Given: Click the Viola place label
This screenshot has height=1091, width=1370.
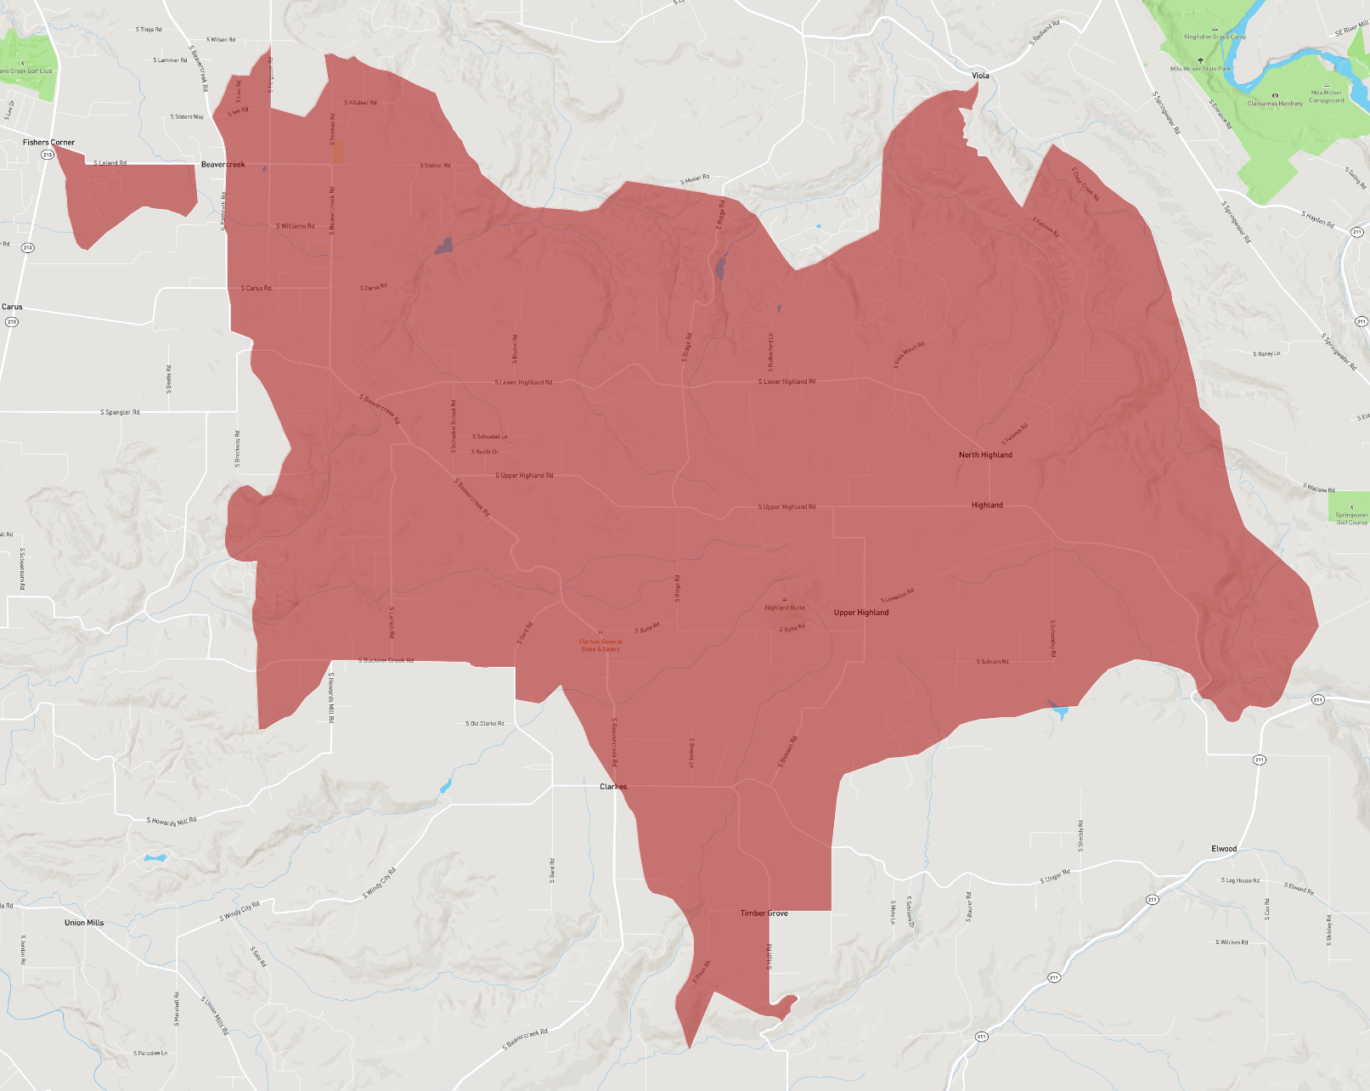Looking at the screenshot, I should click(x=980, y=76).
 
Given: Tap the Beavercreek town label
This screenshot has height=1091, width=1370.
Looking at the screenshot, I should click(x=223, y=165).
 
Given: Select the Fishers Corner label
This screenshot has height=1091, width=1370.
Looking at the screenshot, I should click(x=48, y=143).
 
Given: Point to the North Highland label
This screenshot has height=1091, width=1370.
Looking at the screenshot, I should click(x=985, y=455).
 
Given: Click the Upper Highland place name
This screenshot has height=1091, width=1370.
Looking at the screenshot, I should click(x=861, y=613).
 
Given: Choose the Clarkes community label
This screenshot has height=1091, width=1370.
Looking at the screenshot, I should click(x=613, y=787).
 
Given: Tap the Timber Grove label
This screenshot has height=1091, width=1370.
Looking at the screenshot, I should click(x=764, y=913).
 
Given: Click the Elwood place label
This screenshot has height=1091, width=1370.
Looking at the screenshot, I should click(x=1224, y=849).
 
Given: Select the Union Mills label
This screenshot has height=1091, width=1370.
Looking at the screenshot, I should click(x=84, y=923).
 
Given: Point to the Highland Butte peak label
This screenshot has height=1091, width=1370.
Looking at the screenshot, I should click(x=785, y=608).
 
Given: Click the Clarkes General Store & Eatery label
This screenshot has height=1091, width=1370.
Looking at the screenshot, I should click(x=600, y=646).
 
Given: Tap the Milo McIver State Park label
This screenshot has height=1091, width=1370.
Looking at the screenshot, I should click(x=1200, y=69).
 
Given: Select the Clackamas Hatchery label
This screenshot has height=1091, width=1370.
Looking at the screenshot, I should click(x=1275, y=104).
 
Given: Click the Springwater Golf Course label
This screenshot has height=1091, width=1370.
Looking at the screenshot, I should click(x=1351, y=518).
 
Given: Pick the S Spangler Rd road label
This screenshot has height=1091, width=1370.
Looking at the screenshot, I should click(x=120, y=413).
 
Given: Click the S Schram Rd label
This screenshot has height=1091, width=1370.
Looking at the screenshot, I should click(x=993, y=662).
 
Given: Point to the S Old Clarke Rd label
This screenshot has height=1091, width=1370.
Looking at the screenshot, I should click(x=485, y=724).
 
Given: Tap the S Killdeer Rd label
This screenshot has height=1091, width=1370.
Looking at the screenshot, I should click(x=360, y=103).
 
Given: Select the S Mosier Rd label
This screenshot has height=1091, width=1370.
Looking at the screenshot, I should click(x=695, y=180).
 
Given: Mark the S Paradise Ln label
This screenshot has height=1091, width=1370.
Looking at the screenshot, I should click(x=150, y=1054).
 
